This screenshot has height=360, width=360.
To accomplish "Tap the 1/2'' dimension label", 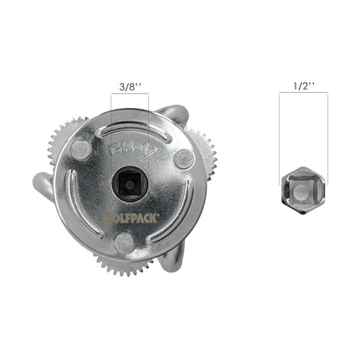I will pyautogui.click(x=302, y=85).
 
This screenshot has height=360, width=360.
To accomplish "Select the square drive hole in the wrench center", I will pyautogui.click(x=129, y=182).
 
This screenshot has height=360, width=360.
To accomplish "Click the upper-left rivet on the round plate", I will pyautogui.click(x=80, y=150).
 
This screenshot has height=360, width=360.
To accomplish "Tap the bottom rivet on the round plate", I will pyautogui.click(x=123, y=243).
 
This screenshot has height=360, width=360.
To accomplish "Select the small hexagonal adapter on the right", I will pyautogui.click(x=302, y=192).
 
